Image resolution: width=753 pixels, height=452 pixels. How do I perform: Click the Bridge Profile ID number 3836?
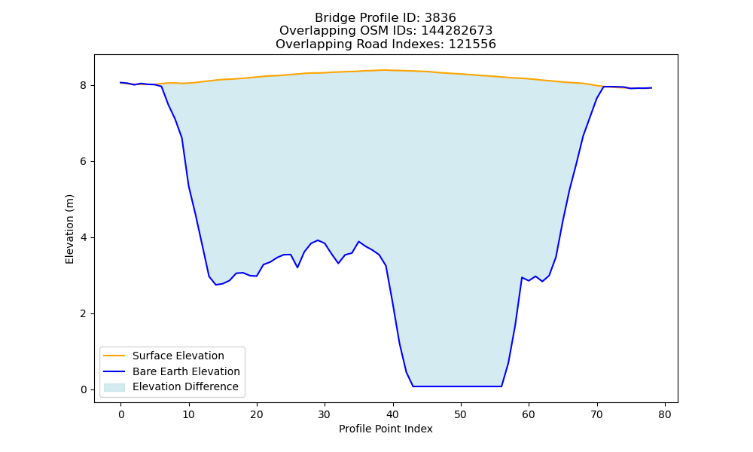pos(440,18)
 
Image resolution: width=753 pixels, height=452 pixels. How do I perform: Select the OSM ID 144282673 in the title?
pos(457,31)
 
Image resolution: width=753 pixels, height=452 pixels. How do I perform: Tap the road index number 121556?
pos(472,44)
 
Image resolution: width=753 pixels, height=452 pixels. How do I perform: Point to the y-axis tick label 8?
pos(84,85)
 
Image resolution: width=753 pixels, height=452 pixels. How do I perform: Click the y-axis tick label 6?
pos(84,162)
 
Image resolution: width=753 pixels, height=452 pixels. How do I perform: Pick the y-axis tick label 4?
pos(84,238)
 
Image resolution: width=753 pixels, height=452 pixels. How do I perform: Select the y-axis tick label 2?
pos(84,313)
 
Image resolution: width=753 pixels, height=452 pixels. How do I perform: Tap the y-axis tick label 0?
pos(84,390)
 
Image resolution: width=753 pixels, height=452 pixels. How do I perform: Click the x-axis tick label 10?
pos(189,414)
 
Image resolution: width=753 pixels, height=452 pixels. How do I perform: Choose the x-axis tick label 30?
pos(325,414)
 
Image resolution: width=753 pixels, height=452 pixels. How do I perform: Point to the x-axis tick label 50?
pos(461,414)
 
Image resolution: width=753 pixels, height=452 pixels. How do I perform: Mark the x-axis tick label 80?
pos(665,414)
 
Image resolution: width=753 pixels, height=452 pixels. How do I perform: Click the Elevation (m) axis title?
pos(69,229)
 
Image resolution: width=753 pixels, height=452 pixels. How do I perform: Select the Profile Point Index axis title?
pos(386,429)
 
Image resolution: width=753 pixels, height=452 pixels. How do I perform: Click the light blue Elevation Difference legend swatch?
pos(114,387)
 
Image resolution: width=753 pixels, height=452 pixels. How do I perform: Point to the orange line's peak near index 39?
pos(386,70)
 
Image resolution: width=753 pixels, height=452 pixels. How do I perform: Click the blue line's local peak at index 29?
pos(318,240)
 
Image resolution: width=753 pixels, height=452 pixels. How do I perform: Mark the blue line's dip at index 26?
pos(297,267)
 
